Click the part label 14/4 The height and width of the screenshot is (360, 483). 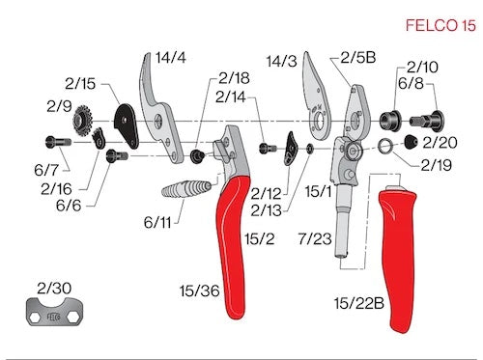tap(170, 59)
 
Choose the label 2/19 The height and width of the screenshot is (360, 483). tap(437, 165)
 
